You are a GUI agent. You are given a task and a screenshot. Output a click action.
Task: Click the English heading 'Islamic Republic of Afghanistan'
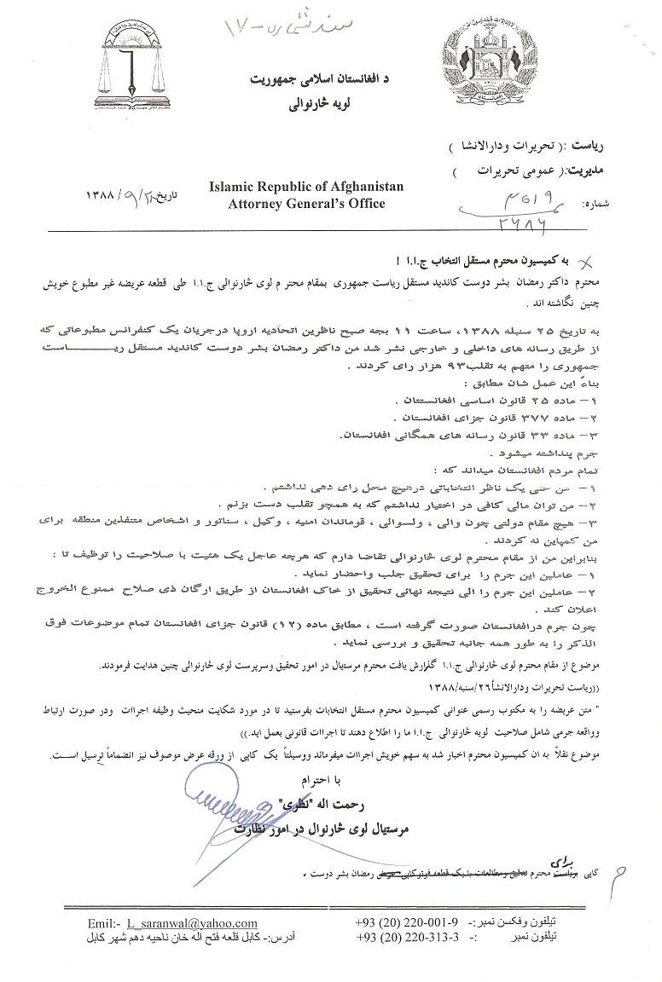pos(307,187)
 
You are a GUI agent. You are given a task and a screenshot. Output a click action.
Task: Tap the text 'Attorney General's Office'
pos(307,203)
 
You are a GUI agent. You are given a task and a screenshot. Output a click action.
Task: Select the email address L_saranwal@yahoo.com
pos(192,923)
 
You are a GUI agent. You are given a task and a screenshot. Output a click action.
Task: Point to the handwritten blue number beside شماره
pos(503,209)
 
